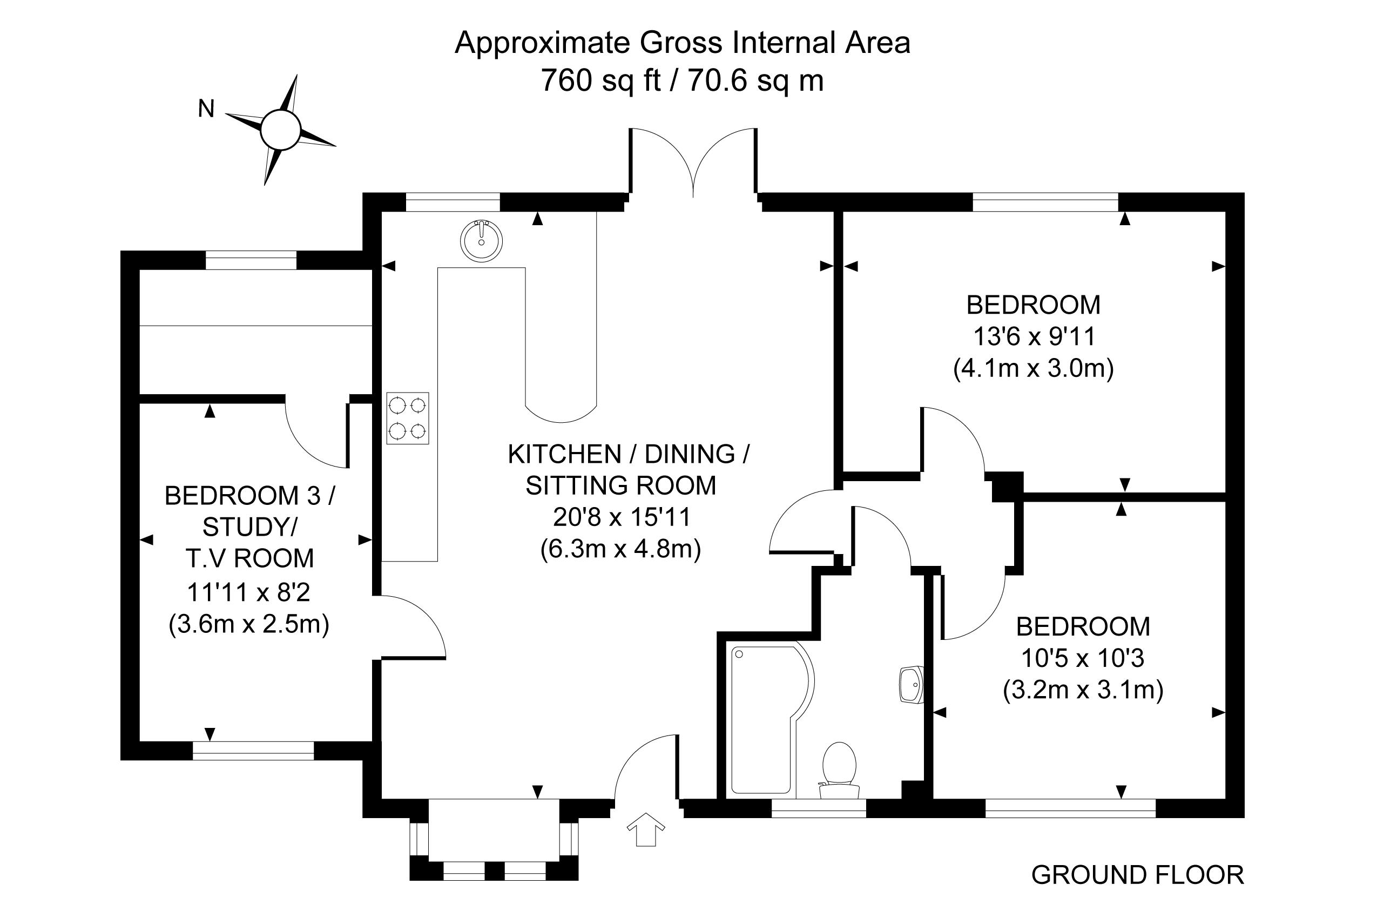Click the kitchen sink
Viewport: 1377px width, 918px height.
pos(481,241)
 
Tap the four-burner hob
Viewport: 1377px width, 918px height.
pos(408,418)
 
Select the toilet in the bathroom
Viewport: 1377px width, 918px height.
pos(839,771)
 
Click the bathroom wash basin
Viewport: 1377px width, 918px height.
pos(911,684)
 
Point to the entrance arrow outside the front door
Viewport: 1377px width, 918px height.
pos(646,829)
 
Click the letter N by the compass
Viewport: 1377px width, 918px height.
pos(206,109)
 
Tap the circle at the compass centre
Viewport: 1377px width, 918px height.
pos(280,130)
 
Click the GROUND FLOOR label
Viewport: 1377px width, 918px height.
pos(1138,875)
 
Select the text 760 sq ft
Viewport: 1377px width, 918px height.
pos(600,80)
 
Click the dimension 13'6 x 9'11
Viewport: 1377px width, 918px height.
pos(1034,336)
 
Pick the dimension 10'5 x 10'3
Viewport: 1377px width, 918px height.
pos(1083,659)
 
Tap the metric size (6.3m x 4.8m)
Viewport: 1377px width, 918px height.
pos(620,549)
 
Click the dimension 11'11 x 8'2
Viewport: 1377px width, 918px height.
pos(248,592)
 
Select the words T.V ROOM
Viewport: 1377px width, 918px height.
pos(250,558)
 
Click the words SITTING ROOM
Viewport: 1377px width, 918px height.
pos(620,485)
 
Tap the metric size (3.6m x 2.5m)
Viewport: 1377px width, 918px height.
pos(249,624)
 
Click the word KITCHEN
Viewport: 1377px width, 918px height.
pos(564,454)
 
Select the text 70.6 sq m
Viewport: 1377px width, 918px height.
pos(756,80)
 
